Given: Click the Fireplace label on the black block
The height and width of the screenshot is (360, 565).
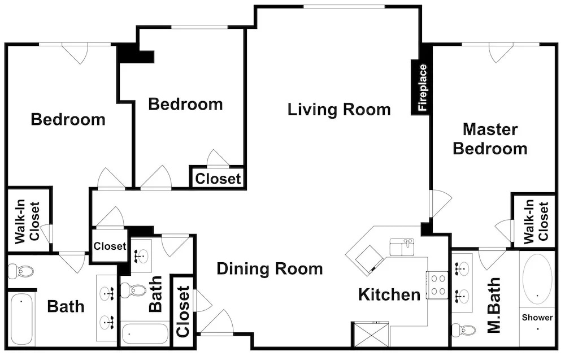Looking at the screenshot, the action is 422,88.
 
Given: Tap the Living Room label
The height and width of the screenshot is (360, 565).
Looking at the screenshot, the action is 339,110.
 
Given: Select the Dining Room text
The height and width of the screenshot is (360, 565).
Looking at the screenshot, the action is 270,269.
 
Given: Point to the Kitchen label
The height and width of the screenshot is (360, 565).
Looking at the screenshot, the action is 389,295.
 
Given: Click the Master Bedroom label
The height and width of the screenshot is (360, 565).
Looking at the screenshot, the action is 490,138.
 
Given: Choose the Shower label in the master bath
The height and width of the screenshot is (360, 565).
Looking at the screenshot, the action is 537,318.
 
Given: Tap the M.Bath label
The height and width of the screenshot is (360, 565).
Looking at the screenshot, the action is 494,305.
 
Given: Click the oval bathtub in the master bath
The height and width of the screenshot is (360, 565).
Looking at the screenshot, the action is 537,279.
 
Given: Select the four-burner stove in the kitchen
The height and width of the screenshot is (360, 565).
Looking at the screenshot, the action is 437,285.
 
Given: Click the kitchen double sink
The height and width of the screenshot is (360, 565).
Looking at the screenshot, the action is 402,247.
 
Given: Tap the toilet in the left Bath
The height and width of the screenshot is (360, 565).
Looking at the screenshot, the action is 20,271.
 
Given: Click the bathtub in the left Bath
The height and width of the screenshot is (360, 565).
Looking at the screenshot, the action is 21,320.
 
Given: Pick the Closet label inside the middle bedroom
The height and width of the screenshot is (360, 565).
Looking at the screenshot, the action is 218,179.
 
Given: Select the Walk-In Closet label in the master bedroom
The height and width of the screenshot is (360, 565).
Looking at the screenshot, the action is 536,222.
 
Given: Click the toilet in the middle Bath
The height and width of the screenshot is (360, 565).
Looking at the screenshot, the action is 132,290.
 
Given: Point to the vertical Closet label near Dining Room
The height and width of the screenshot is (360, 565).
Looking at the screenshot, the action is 182,312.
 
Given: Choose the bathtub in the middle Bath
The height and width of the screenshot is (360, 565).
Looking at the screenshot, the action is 145,335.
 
